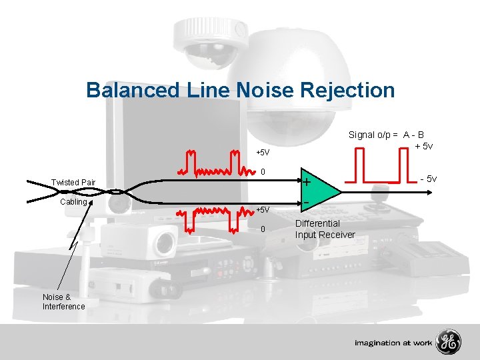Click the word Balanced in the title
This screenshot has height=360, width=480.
(133, 90)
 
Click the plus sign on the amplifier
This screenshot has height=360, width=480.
(307, 181)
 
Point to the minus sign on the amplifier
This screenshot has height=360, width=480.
(306, 201)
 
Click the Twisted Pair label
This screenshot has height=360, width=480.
(73, 183)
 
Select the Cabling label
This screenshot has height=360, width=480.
(73, 202)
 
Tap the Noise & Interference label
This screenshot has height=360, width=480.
(64, 302)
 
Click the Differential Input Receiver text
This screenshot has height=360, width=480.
(325, 229)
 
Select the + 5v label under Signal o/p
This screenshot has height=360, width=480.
(423, 147)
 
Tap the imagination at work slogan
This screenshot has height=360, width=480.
(393, 343)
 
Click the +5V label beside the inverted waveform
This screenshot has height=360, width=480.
(262, 210)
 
